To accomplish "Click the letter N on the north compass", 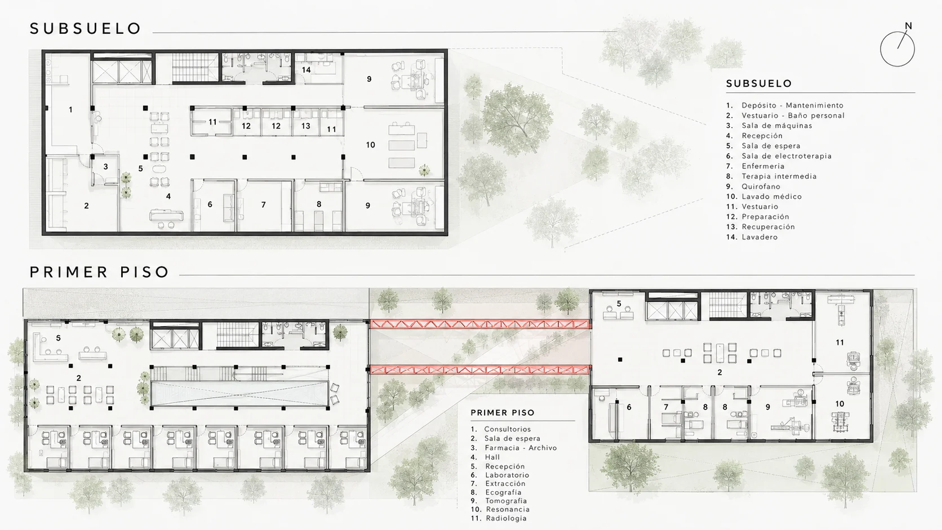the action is [908, 26].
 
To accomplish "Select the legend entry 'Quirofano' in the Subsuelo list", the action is [761, 186].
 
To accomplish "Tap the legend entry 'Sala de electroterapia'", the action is [787, 156].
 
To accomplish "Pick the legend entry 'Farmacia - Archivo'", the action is [521, 448].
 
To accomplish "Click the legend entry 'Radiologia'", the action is [506, 518].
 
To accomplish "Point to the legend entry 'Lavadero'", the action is [759, 237].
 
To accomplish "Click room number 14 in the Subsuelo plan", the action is [306, 70].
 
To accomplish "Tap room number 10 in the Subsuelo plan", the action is [370, 145].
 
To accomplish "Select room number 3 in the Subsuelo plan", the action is [105, 167].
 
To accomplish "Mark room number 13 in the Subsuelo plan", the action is [306, 126].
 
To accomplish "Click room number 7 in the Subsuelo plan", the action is [263, 204].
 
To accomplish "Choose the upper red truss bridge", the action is [480, 324].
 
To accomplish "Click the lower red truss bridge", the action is [480, 370].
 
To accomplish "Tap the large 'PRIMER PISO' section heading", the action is [99, 272].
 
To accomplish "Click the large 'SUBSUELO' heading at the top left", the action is [86, 29].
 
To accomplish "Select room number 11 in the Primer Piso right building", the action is [840, 342].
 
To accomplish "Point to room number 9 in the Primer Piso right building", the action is [768, 407].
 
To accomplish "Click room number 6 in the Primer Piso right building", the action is [629, 407].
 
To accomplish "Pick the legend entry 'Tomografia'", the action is [506, 501].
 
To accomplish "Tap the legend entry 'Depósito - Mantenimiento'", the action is [792, 105].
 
